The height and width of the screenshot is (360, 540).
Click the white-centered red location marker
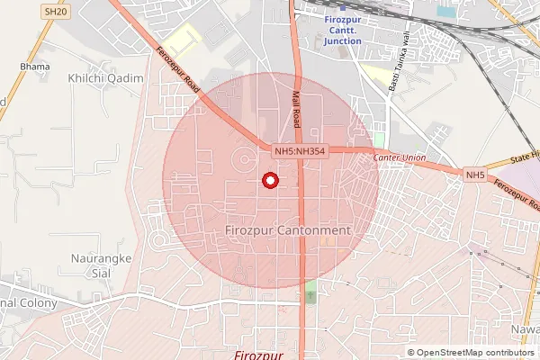tap(269, 180)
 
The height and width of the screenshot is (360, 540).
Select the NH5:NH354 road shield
tap(301, 151)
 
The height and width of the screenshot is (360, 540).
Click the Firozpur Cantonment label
tap(285, 230)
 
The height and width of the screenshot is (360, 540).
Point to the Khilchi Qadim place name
tap(105, 79)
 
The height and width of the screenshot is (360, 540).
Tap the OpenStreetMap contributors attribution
tap(472, 352)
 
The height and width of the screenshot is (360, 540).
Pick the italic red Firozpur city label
tap(258, 355)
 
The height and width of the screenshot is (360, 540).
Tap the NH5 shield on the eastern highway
tap(475, 174)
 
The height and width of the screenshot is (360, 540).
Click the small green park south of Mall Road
tap(311, 292)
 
